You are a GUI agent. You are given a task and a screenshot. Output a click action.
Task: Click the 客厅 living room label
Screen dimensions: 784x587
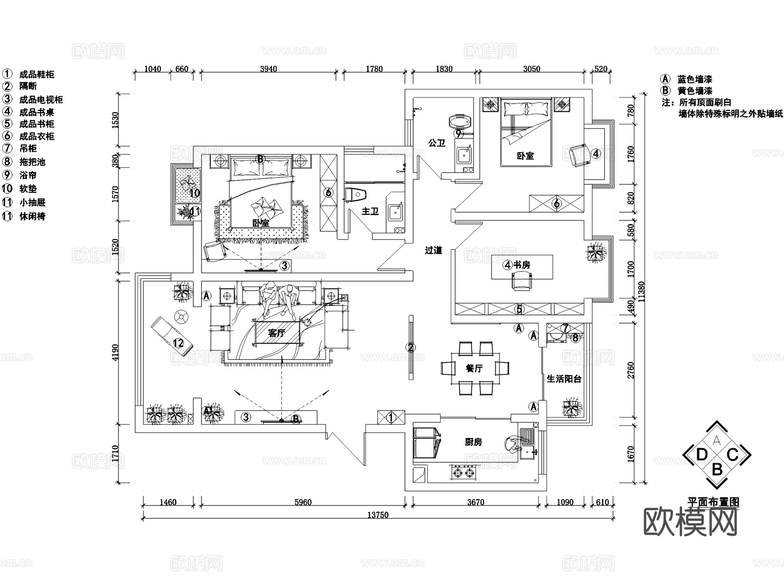click(x=276, y=333)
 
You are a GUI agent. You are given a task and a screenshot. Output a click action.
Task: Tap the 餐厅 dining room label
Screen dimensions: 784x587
click(x=474, y=369)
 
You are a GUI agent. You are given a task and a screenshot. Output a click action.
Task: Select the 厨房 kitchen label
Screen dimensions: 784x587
click(x=473, y=442)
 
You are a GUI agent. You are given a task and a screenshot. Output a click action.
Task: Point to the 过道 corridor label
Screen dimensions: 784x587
click(x=434, y=250)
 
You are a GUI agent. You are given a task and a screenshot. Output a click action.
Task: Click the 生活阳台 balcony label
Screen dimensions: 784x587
click(x=564, y=379)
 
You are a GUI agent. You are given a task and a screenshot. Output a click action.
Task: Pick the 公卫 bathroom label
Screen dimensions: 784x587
click(x=437, y=143)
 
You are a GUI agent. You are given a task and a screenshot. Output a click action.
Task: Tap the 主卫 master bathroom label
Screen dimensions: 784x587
click(x=370, y=211)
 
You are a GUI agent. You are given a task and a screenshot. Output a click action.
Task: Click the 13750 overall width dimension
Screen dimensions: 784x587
click(x=378, y=515)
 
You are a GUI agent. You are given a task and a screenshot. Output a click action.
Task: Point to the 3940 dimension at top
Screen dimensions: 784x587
click(x=268, y=69)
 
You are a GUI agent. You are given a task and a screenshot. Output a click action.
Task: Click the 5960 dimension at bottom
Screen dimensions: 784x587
click(x=303, y=502)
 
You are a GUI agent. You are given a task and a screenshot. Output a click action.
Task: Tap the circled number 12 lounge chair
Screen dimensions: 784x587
click(x=179, y=343)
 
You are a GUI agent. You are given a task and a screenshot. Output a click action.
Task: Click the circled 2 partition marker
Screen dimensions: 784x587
click(x=410, y=348)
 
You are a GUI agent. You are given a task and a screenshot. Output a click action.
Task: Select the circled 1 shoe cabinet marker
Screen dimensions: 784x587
click(x=391, y=417)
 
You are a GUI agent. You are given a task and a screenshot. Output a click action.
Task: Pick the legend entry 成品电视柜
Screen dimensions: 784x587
click(x=41, y=100)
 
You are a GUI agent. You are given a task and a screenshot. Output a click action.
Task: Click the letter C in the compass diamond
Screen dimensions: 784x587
click(x=733, y=455)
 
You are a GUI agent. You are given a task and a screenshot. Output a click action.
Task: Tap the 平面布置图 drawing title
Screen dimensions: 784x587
click(x=713, y=502)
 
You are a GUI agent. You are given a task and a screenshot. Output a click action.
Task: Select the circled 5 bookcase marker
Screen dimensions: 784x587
click(x=519, y=309)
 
